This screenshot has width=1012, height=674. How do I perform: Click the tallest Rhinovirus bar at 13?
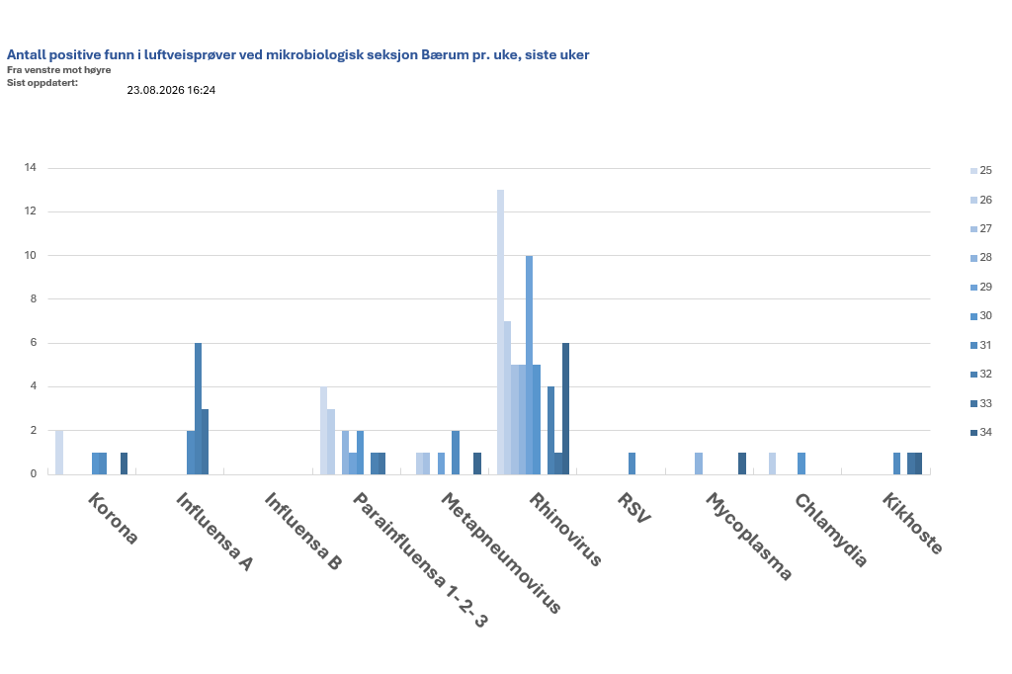pyautogui.click(x=500, y=332)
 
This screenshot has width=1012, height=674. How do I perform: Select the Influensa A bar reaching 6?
pyautogui.click(x=198, y=409)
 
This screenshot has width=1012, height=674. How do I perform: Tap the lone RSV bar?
pyautogui.click(x=632, y=463)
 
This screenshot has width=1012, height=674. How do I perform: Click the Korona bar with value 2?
pyautogui.click(x=59, y=453)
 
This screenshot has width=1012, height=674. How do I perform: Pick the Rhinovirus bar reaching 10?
pyautogui.click(x=530, y=365)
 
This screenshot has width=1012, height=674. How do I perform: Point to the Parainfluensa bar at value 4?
pyautogui.click(x=323, y=431)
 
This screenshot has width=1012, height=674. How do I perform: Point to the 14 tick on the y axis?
pyautogui.click(x=31, y=168)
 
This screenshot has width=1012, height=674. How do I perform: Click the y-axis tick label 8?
pyautogui.click(x=34, y=298)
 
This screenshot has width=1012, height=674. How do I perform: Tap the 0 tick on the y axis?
pyautogui.click(x=34, y=473)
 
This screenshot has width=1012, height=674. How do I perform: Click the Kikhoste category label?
pyautogui.click(x=912, y=523)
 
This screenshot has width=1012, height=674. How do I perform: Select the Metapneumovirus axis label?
pyautogui.click(x=501, y=552)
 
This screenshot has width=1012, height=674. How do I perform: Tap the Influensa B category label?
pyautogui.click(x=302, y=532)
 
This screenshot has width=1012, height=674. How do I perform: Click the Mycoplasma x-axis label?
pyautogui.click(x=748, y=537)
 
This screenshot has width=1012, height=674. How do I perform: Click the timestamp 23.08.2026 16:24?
pyautogui.click(x=171, y=90)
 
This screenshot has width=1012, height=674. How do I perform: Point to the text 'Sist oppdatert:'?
pyautogui.click(x=42, y=83)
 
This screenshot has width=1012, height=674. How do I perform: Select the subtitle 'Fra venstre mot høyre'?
pyautogui.click(x=58, y=70)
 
